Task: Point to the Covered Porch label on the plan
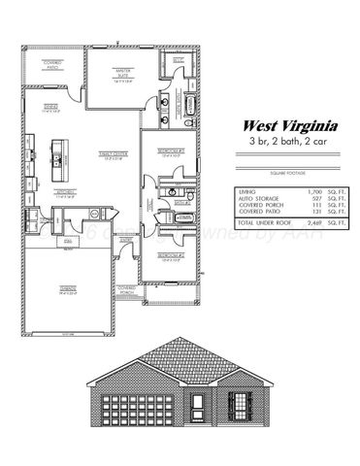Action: [x=126, y=288]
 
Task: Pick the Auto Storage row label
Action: [x=258, y=200]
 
